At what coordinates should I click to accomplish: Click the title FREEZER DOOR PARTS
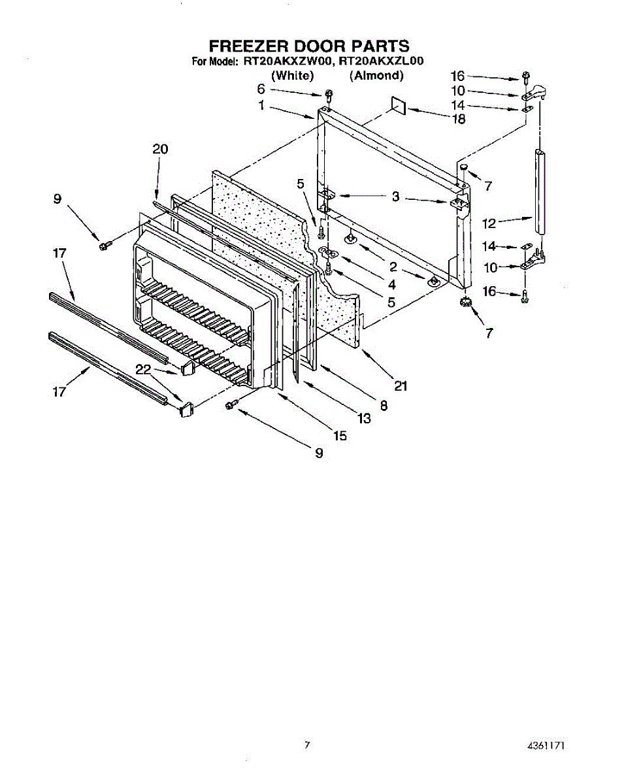[309, 46]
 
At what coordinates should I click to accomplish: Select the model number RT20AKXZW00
[287, 62]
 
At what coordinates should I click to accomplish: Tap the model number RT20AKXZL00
[382, 62]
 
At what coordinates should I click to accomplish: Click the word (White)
[293, 75]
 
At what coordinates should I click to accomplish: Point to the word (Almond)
[376, 75]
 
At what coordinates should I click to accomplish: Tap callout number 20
[160, 149]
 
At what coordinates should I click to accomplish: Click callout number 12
[490, 223]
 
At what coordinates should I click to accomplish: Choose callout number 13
[364, 418]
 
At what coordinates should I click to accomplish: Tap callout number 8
[384, 405]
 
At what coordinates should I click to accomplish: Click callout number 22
[143, 369]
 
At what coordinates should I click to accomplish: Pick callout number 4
[391, 284]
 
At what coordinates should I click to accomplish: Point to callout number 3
[395, 196]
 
